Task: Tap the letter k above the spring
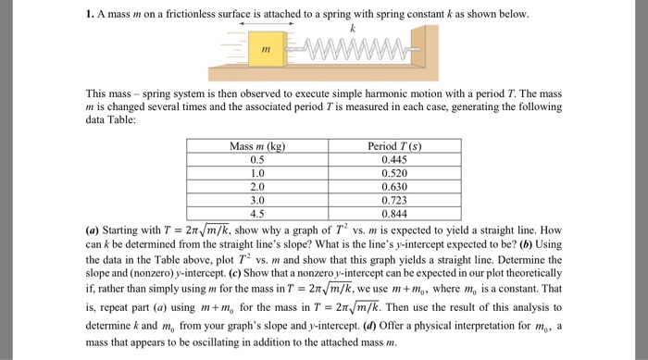(x=352, y=29)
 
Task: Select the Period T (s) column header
(x=393, y=146)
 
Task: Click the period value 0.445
(x=393, y=159)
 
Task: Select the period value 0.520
(x=393, y=172)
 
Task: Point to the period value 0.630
(x=393, y=186)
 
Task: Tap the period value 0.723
(x=393, y=199)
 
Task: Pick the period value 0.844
(x=393, y=212)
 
